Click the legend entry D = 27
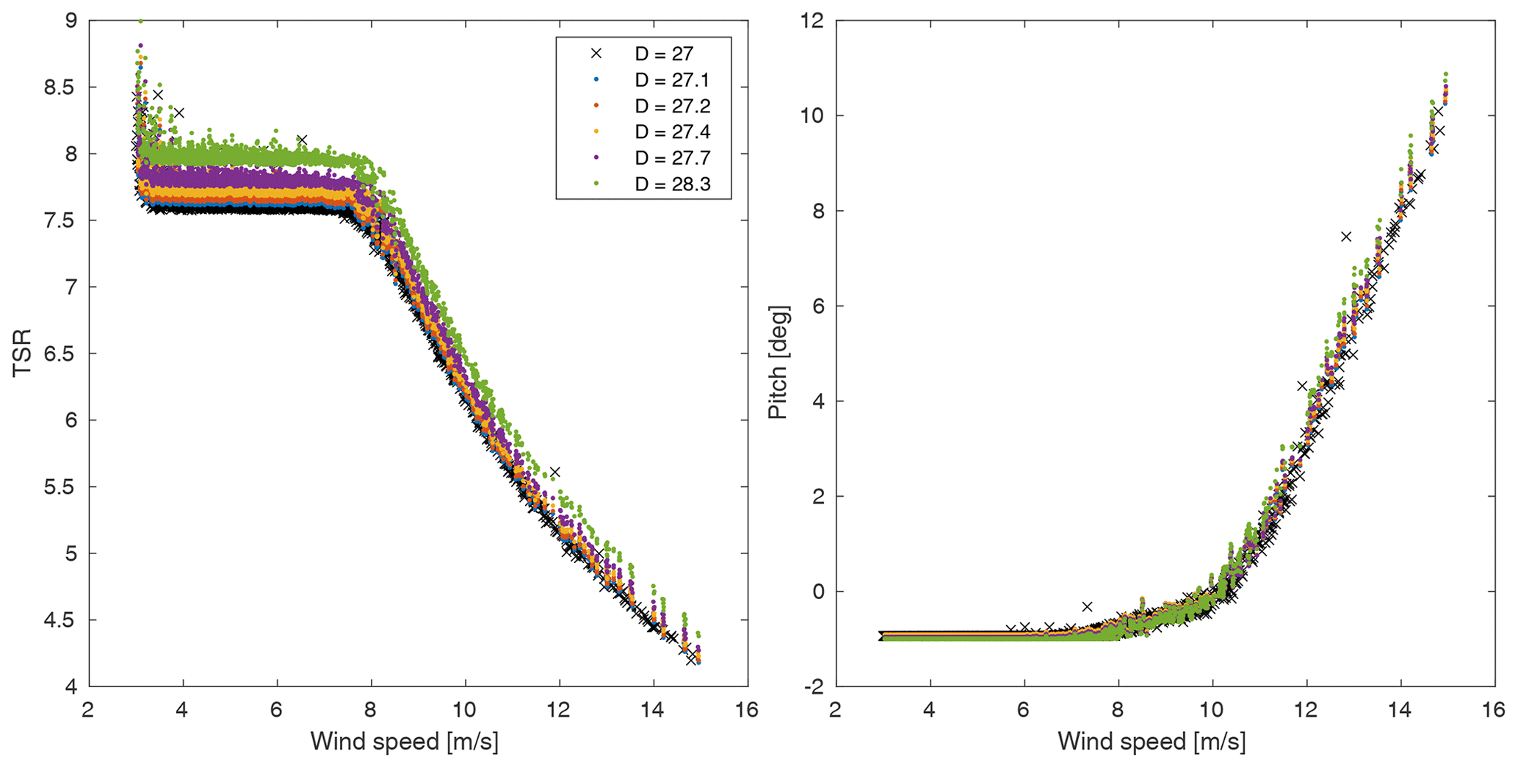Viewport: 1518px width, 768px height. click(663, 54)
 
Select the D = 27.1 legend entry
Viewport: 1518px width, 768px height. click(671, 79)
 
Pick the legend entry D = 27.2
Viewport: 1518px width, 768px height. click(671, 106)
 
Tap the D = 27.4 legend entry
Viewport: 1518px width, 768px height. click(671, 132)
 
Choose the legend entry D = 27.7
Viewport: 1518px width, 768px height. click(671, 158)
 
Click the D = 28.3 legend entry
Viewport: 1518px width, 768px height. click(671, 184)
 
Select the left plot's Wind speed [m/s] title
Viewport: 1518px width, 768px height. click(404, 742)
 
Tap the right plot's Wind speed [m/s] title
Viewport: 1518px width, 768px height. click(1152, 742)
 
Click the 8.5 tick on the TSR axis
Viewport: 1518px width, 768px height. click(59, 87)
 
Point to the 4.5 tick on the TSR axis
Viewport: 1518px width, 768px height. click(59, 620)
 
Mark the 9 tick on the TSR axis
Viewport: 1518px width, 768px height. click(71, 21)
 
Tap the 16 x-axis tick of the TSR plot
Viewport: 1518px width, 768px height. click(746, 710)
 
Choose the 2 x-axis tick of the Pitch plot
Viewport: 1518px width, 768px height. click(836, 710)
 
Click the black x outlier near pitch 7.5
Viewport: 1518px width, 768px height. click(1346, 237)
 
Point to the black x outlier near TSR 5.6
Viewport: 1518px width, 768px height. click(555, 472)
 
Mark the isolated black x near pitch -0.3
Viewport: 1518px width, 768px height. click(1088, 606)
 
